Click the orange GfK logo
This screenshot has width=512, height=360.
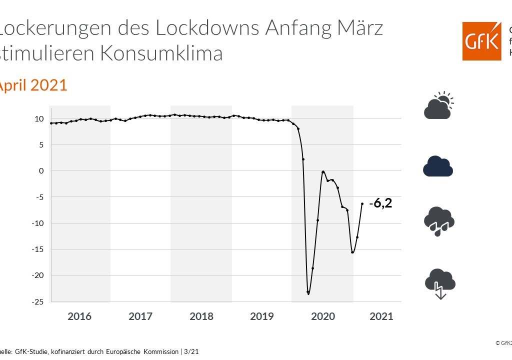coord(481,41)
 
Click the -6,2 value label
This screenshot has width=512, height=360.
coord(380,203)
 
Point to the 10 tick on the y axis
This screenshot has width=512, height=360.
coord(39,119)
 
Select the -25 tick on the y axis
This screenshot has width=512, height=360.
coord(37,301)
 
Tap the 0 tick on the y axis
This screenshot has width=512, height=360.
coord(41,171)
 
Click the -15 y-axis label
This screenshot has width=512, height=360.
coord(37,249)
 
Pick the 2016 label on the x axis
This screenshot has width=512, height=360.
coord(79,316)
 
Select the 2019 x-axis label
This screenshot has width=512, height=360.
coord(261,316)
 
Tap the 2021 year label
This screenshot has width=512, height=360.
coord(381,316)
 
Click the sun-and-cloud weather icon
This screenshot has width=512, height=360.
coord(438,105)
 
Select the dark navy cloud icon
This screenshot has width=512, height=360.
coord(438,166)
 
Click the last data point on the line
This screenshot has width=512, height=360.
coord(362,203)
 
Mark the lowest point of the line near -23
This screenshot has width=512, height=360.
coord(308,293)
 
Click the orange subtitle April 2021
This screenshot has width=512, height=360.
coord(33,85)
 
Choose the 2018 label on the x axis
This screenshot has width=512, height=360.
coord(201,316)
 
